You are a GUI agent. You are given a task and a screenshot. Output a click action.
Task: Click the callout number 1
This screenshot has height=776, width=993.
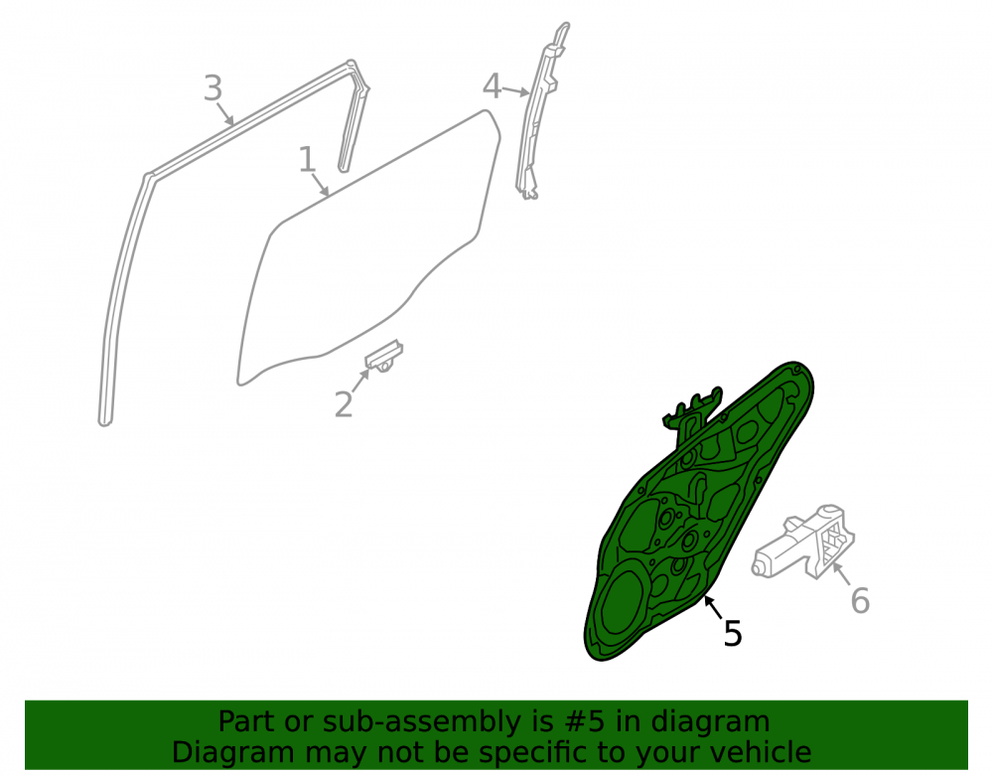307,160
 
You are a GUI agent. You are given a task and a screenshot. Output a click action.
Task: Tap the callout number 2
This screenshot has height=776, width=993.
344,404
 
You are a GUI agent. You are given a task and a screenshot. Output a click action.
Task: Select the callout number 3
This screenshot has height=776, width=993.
213,88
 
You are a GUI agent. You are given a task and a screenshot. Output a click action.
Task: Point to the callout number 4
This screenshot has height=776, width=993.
493,85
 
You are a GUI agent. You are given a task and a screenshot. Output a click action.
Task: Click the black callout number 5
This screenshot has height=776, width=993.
733,633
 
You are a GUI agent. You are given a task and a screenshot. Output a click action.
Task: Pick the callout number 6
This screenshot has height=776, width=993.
860,600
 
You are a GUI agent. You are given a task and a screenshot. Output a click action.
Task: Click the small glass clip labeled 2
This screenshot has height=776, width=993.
383,356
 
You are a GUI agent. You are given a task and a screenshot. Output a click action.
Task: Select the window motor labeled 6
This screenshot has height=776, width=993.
803,543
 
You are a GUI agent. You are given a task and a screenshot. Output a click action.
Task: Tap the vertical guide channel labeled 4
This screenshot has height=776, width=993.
538,114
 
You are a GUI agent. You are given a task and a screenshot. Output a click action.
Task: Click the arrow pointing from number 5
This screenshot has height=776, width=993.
713,607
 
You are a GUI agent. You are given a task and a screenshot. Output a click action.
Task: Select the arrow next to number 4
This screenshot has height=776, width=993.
516,90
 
